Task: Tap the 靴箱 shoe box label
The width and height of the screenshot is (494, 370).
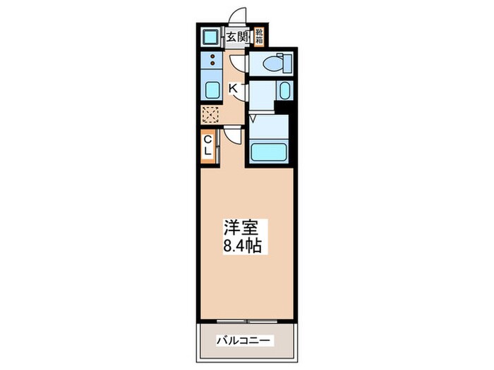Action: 260,35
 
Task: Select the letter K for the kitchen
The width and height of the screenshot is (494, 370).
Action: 233,88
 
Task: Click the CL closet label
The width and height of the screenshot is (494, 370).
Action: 209,147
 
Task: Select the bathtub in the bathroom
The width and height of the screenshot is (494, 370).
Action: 269,152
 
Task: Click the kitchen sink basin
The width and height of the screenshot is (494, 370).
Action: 211,90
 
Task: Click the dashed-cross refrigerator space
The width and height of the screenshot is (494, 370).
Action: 210,114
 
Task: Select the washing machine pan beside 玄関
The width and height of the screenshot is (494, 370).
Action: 210,36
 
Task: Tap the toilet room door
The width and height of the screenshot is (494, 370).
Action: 240,63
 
